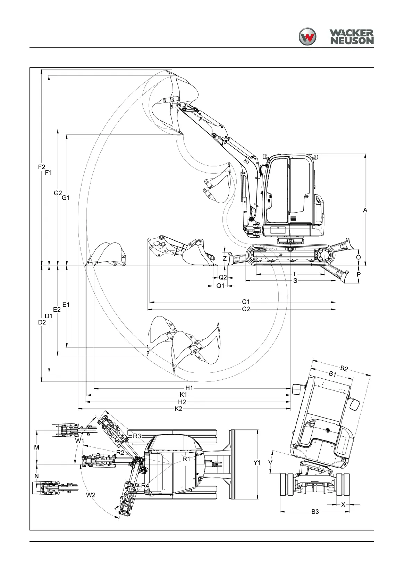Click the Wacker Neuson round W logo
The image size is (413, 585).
point(307,36)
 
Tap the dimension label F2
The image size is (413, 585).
point(42,167)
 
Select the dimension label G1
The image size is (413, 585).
point(66,198)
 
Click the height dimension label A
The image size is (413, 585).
point(365,210)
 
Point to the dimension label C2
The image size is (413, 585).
point(246,309)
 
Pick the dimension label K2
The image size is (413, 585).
point(178,409)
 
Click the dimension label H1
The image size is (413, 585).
point(189,388)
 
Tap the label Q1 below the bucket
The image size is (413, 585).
point(220,286)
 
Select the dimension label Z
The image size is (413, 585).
point(225,258)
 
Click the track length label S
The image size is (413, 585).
point(295,281)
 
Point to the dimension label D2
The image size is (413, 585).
point(42,322)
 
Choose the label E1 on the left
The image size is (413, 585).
point(66,305)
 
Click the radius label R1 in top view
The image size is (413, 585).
point(187,459)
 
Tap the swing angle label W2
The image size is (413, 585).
point(91,495)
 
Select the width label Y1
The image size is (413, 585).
point(257,463)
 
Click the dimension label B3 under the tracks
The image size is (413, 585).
point(315,512)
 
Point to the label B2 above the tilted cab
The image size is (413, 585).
point(344,368)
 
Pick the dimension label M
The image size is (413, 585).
point(37,448)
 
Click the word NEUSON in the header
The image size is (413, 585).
point(352,41)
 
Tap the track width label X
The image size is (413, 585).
point(344,504)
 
